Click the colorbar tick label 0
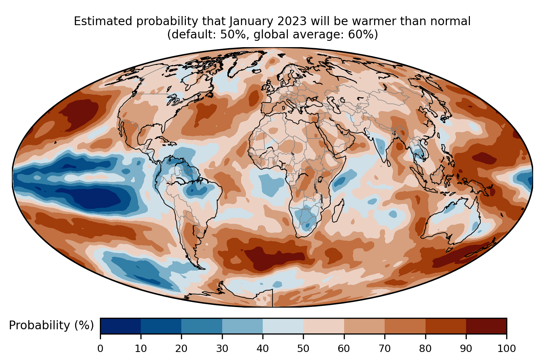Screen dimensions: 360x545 (x=100, y=348)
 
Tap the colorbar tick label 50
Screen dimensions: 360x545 (x=303, y=348)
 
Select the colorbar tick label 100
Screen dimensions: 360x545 (x=506, y=348)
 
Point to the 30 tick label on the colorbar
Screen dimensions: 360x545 (x=222, y=348)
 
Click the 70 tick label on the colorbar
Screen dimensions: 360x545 (x=385, y=348)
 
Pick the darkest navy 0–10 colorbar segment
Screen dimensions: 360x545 (x=121, y=326)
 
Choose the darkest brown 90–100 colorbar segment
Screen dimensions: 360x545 (x=486, y=326)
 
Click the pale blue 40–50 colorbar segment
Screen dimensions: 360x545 (x=283, y=326)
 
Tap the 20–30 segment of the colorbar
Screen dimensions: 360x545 (x=202, y=326)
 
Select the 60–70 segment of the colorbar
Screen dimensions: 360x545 (x=364, y=326)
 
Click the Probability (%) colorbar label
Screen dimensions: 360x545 (x=51, y=325)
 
